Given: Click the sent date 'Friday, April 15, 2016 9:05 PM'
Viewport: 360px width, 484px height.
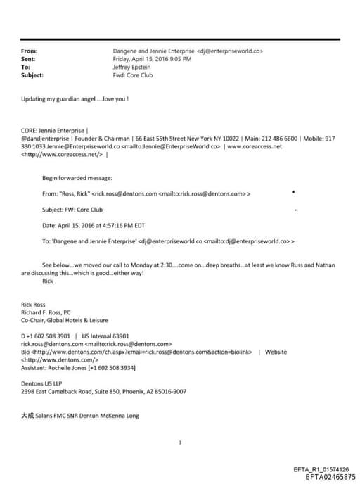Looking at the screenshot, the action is tap(152, 59).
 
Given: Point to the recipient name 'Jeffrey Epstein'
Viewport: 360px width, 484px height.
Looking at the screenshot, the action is tap(133, 67).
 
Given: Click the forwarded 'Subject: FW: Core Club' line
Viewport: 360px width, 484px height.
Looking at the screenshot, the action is tap(75, 210).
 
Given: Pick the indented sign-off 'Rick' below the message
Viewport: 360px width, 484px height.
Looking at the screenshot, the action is tap(48, 281).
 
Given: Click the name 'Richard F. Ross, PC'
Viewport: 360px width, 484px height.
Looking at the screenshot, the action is tap(48, 312).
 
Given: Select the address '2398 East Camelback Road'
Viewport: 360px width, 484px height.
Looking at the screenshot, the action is tap(60, 391).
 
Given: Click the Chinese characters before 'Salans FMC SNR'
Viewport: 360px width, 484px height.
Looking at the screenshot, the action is tap(27, 416).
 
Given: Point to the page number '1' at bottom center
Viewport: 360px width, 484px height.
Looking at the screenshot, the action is tap(181, 442).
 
